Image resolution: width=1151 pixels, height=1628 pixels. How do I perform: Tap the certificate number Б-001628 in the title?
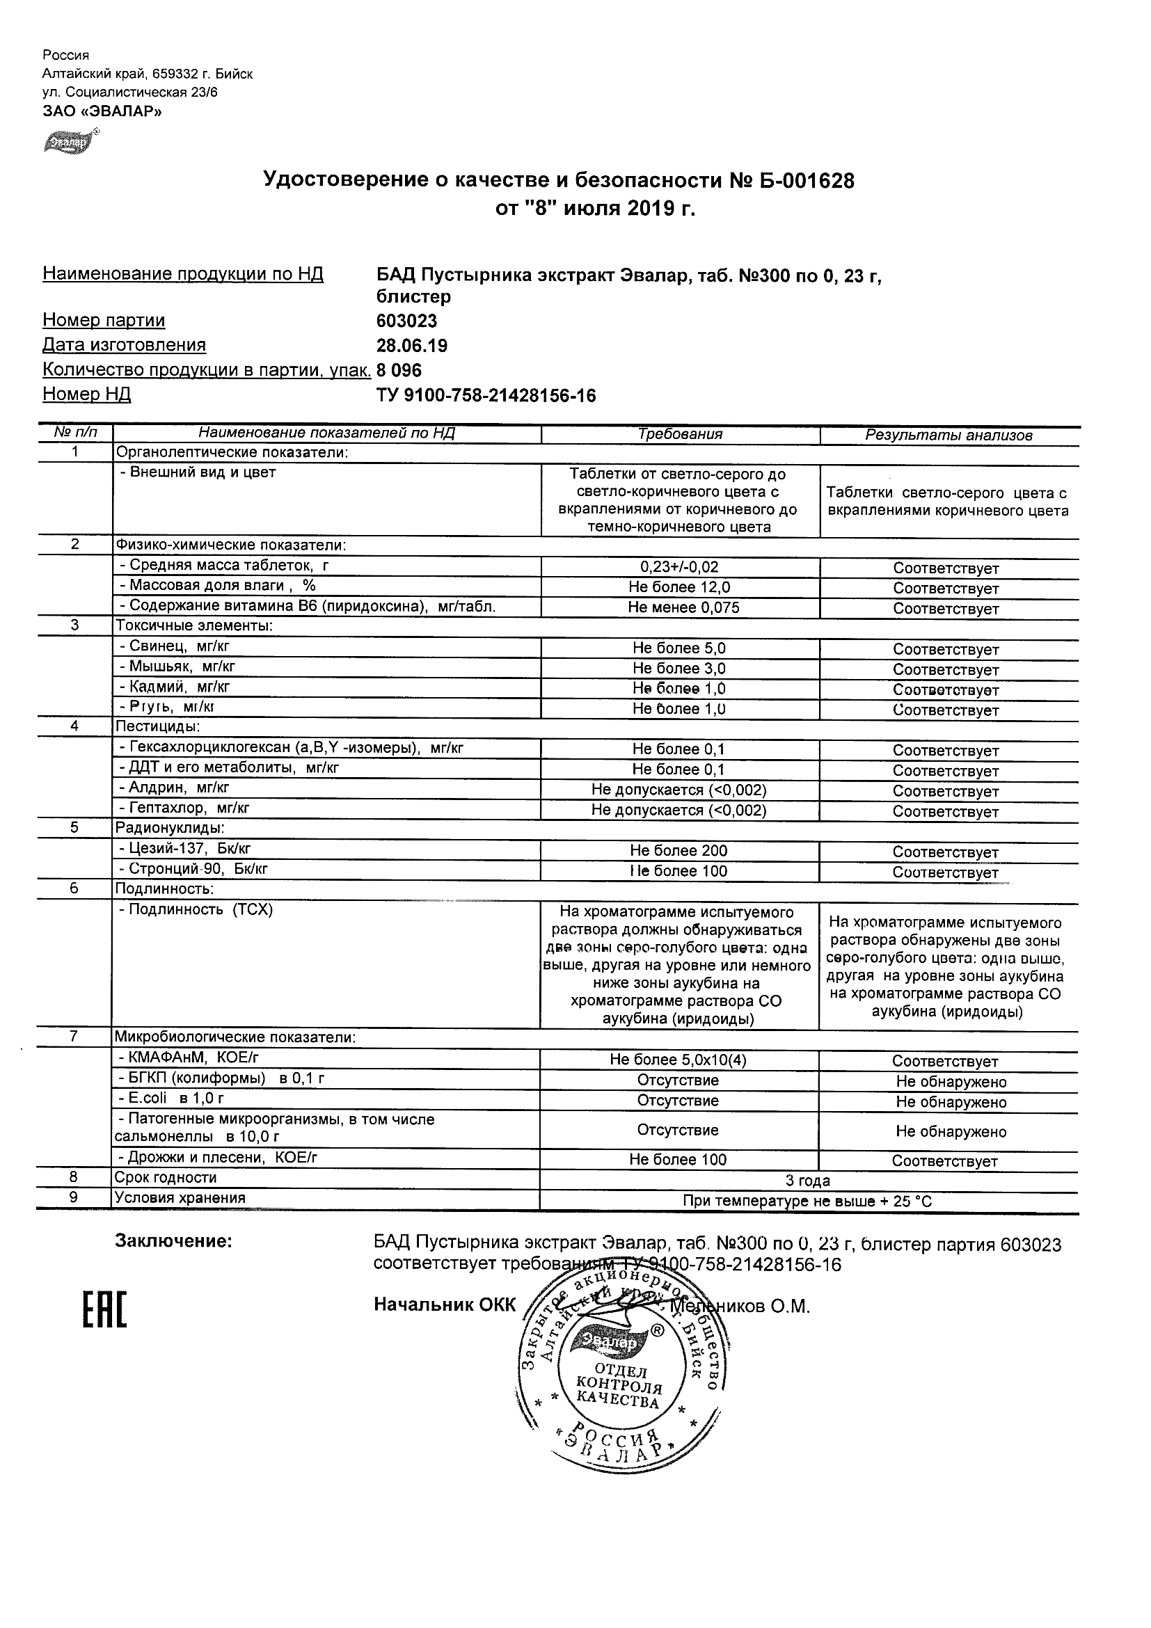[x=807, y=181]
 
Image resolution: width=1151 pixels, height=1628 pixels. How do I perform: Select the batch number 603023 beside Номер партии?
[x=406, y=321]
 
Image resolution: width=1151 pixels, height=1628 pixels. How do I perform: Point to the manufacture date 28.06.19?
[x=411, y=346]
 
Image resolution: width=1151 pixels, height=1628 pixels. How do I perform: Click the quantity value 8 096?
[x=399, y=371]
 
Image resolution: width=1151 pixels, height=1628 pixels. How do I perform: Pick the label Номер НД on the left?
[x=86, y=394]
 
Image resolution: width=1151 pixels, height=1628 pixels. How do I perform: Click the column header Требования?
[x=679, y=435]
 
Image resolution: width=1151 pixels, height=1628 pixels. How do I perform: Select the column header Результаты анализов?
[x=948, y=436]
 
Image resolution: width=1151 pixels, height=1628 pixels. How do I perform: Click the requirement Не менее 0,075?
[x=683, y=607]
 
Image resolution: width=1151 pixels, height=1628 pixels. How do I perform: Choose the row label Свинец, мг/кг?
[x=174, y=646]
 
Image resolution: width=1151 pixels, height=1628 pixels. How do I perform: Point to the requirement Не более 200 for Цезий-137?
[x=678, y=851]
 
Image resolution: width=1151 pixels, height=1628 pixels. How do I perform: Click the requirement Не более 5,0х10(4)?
[x=678, y=1061]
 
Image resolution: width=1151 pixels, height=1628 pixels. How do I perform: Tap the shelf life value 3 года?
[x=807, y=1181]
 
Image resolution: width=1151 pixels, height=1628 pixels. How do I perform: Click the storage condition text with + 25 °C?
[x=807, y=1201]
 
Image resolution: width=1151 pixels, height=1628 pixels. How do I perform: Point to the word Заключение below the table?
[x=174, y=1242]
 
